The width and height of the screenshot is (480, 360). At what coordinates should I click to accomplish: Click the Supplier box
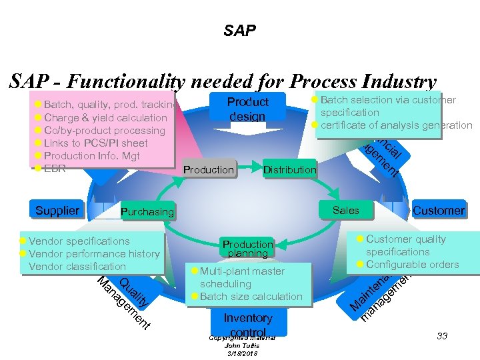click(57, 211)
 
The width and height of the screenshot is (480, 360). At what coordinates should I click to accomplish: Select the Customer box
click(438, 211)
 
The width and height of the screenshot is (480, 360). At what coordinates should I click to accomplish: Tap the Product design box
click(247, 109)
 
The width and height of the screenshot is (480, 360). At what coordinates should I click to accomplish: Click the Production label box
click(208, 170)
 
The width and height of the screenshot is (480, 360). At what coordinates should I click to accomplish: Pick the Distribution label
click(289, 170)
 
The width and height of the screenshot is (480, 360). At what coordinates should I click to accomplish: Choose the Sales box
click(345, 211)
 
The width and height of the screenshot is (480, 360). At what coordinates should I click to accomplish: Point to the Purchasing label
click(147, 212)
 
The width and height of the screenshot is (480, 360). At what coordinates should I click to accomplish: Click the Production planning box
click(247, 249)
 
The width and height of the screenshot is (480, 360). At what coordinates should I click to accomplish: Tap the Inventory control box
click(247, 323)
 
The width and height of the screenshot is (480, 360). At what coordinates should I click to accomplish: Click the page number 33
click(442, 336)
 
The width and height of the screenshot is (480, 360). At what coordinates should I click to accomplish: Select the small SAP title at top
click(239, 31)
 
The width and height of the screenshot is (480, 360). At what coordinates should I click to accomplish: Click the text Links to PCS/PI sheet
click(95, 143)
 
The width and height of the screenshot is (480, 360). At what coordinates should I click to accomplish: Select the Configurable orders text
click(412, 264)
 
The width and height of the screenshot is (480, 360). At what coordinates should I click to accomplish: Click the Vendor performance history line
click(94, 253)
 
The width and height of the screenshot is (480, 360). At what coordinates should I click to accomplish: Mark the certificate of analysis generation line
click(396, 125)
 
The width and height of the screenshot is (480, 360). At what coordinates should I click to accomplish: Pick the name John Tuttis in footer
click(241, 345)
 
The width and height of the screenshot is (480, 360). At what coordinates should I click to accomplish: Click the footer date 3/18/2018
click(241, 353)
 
